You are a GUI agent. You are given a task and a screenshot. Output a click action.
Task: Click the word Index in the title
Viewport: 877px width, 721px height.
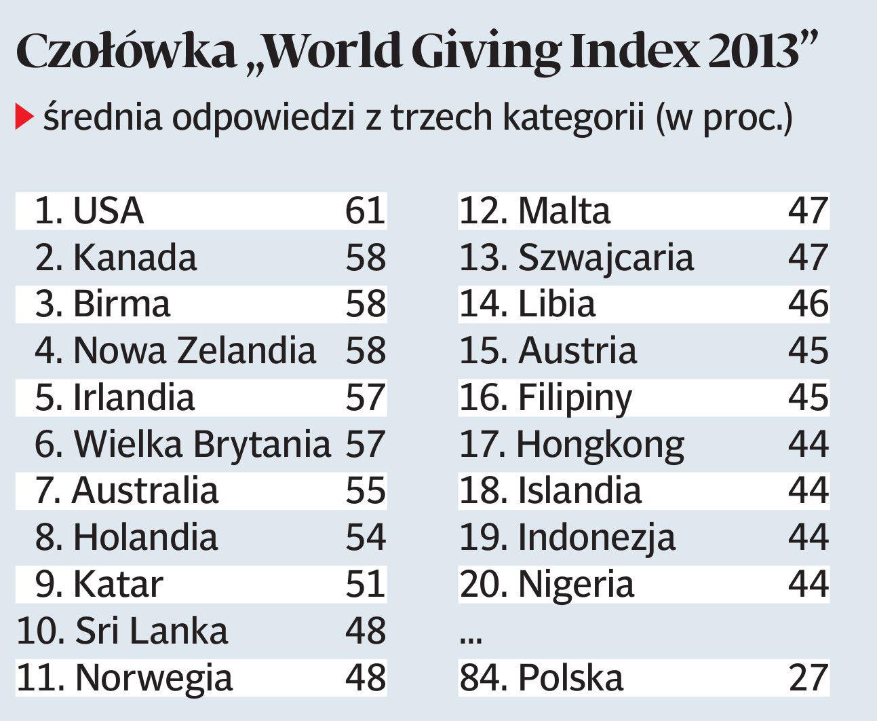(x=634, y=51)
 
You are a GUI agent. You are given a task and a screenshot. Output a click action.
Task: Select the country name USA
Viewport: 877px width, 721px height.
(x=108, y=210)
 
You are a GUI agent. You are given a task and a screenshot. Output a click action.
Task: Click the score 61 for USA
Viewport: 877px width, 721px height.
(x=365, y=210)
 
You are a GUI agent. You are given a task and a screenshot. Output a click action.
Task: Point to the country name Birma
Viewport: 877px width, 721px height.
(x=121, y=303)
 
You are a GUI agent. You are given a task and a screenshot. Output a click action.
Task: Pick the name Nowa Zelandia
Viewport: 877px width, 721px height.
(x=194, y=350)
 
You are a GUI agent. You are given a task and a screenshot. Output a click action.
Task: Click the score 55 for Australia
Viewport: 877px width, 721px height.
(x=365, y=491)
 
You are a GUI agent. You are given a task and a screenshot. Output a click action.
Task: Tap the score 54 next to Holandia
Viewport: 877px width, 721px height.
(x=365, y=537)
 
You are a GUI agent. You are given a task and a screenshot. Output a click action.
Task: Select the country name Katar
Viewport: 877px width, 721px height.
(x=117, y=584)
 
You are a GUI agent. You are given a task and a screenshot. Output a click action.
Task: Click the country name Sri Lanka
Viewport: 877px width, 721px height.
(x=151, y=631)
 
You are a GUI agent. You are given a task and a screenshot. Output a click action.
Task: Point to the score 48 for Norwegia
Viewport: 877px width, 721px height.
(x=365, y=678)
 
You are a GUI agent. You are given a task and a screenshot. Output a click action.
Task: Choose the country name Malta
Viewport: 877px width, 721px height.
(x=564, y=210)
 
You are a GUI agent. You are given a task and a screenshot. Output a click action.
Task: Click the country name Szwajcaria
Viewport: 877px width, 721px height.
(x=606, y=257)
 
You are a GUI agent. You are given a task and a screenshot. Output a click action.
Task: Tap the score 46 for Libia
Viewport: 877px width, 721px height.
(x=808, y=303)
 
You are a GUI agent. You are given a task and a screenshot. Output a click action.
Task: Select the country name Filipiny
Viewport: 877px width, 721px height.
(x=574, y=399)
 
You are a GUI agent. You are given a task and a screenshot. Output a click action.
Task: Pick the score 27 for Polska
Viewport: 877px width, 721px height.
(x=808, y=678)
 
